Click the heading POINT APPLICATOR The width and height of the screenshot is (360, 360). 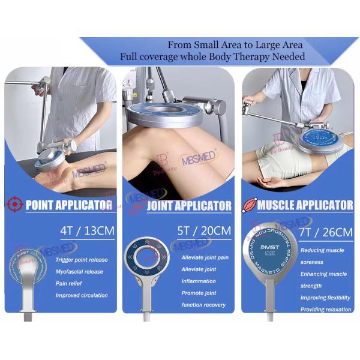tap(69, 205)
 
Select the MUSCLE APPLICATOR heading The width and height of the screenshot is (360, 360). tap(305, 205)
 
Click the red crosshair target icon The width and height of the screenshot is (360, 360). tap(14, 205)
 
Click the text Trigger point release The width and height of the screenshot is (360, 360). tap(82, 260)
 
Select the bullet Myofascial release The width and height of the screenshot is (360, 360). tap(79, 271)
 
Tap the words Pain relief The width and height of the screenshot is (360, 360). tap(70, 283)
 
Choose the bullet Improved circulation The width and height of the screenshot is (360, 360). tap(82, 295)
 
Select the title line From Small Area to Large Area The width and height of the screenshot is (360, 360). tap(235, 45)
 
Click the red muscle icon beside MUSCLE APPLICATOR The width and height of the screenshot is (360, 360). tap(249, 205)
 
